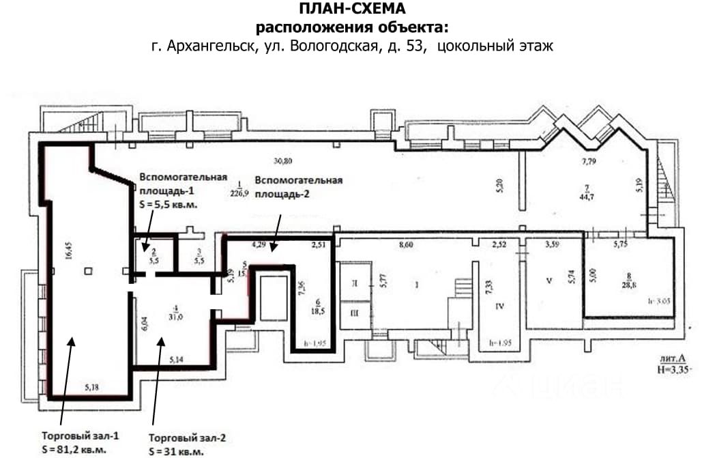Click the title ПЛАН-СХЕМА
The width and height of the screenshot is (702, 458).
[352, 9]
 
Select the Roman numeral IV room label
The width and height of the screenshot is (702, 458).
[499, 306]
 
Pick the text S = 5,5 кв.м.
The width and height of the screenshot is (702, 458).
[168, 203]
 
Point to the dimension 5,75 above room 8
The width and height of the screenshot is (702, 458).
[620, 244]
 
